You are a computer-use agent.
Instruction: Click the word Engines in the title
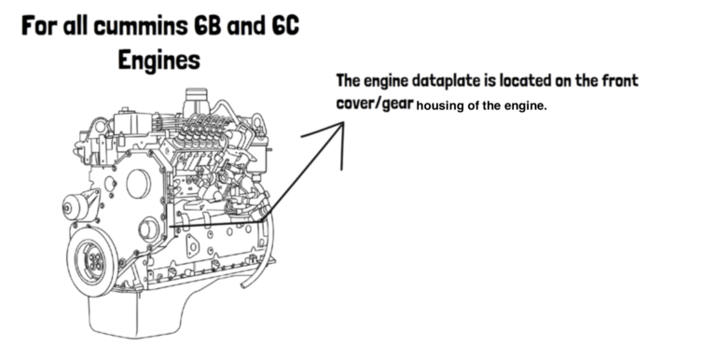click(158, 60)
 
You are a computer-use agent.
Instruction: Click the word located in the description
click(544, 81)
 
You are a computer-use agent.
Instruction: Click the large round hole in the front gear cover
click(138, 185)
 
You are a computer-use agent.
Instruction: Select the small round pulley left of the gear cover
click(76, 207)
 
